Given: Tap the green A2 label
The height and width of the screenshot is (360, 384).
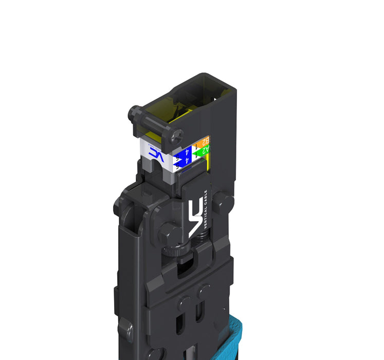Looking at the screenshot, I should point(203,150).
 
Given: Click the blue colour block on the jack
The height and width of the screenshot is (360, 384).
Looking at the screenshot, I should point(182,155).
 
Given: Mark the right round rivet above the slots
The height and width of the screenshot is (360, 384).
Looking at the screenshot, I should point(204,292).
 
